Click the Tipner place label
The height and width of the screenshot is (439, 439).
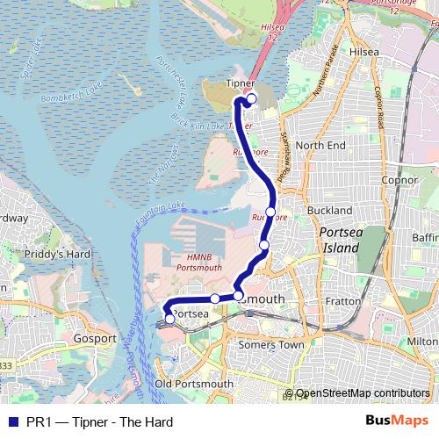[x=240, y=84]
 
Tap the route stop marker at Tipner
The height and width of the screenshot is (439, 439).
[x=251, y=99]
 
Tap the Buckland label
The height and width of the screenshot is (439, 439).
[x=331, y=211]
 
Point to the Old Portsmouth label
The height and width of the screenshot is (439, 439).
[x=194, y=384]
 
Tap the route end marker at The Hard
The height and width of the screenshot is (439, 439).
[x=169, y=320]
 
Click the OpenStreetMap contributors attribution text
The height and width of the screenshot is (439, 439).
[x=363, y=393]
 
